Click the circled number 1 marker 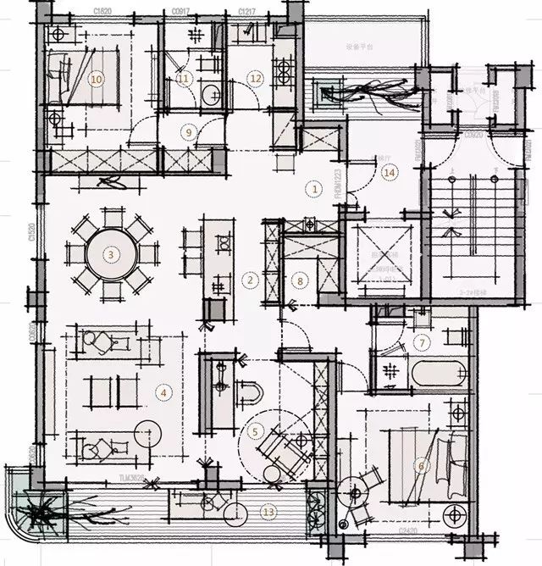(314, 189)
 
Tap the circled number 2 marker (251, 279)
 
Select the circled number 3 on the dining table (110, 253)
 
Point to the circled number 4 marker (163, 391)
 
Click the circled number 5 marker (255, 430)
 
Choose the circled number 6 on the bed (421, 465)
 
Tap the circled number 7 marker (422, 342)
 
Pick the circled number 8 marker (299, 279)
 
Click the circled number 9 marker (189, 131)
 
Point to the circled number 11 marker (185, 78)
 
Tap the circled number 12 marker (255, 78)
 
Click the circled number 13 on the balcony (268, 511)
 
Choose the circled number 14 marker (390, 172)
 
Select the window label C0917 (181, 12)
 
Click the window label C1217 (248, 12)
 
